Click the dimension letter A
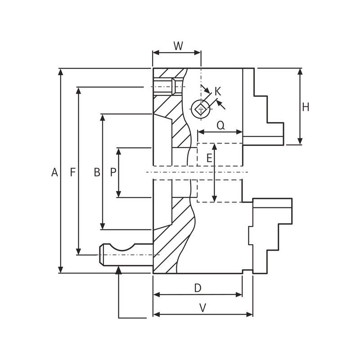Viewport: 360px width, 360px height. pos(54,172)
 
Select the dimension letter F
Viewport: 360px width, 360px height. pos(72,172)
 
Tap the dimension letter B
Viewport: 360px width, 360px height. pos(97,172)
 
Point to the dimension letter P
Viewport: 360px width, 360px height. pos(113,172)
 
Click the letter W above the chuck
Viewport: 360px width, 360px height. pos(178,46)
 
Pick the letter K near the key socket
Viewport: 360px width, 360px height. pos(218,91)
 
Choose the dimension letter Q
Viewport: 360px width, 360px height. pos(220,126)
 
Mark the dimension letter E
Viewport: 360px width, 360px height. pos(209,158)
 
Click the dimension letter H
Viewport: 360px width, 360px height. pos(306,107)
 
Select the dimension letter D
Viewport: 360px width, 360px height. pos(198,288)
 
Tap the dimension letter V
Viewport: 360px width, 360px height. pos(202,308)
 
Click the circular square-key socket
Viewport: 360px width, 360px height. pos(200,108)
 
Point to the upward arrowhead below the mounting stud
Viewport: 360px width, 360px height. pos(118,270)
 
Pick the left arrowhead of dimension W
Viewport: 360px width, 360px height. pos(156,53)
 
